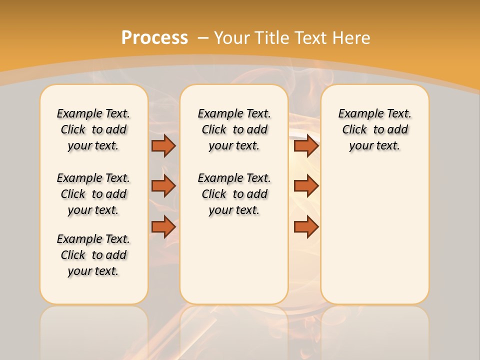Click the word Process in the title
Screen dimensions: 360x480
pyautogui.click(x=154, y=37)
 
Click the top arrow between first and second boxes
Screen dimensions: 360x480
pyautogui.click(x=163, y=145)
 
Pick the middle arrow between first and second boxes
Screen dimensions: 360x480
pyautogui.click(x=163, y=186)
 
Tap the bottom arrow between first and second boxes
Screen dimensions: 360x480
pyautogui.click(x=163, y=227)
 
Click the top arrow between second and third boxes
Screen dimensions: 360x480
pyautogui.click(x=306, y=145)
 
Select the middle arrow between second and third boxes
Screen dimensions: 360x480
pyautogui.click(x=306, y=186)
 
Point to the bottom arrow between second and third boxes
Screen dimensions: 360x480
pyautogui.click(x=306, y=227)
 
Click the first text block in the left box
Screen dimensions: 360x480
pyautogui.click(x=93, y=129)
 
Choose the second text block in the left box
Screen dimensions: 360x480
pyautogui.click(x=93, y=194)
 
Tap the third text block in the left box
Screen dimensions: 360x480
pyautogui.click(x=93, y=255)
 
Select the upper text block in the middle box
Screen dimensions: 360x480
pyautogui.click(x=234, y=129)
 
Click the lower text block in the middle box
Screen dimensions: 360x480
pyautogui.click(x=234, y=194)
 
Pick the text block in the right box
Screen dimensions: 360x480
pyautogui.click(x=374, y=129)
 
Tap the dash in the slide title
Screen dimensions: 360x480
pyautogui.click(x=203, y=37)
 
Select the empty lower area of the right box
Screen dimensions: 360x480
pyautogui.click(x=374, y=230)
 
